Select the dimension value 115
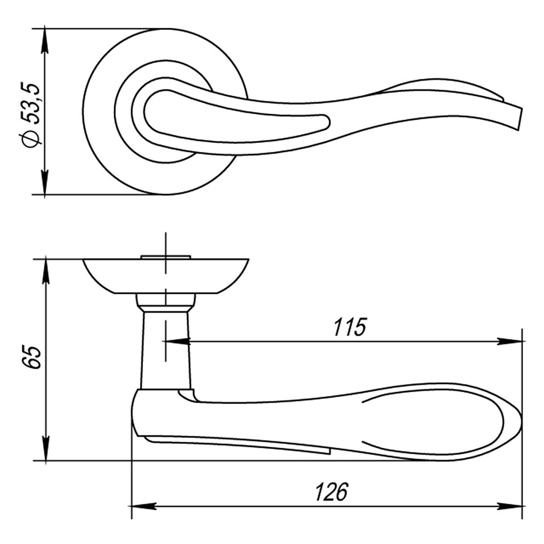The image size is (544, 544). coord(350,327)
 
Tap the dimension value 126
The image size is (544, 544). coord(331,492)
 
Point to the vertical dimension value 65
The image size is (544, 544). coord(31,357)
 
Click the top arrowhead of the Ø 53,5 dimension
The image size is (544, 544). coord(45,40)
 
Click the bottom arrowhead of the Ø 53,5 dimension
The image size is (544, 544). coord(45,182)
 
